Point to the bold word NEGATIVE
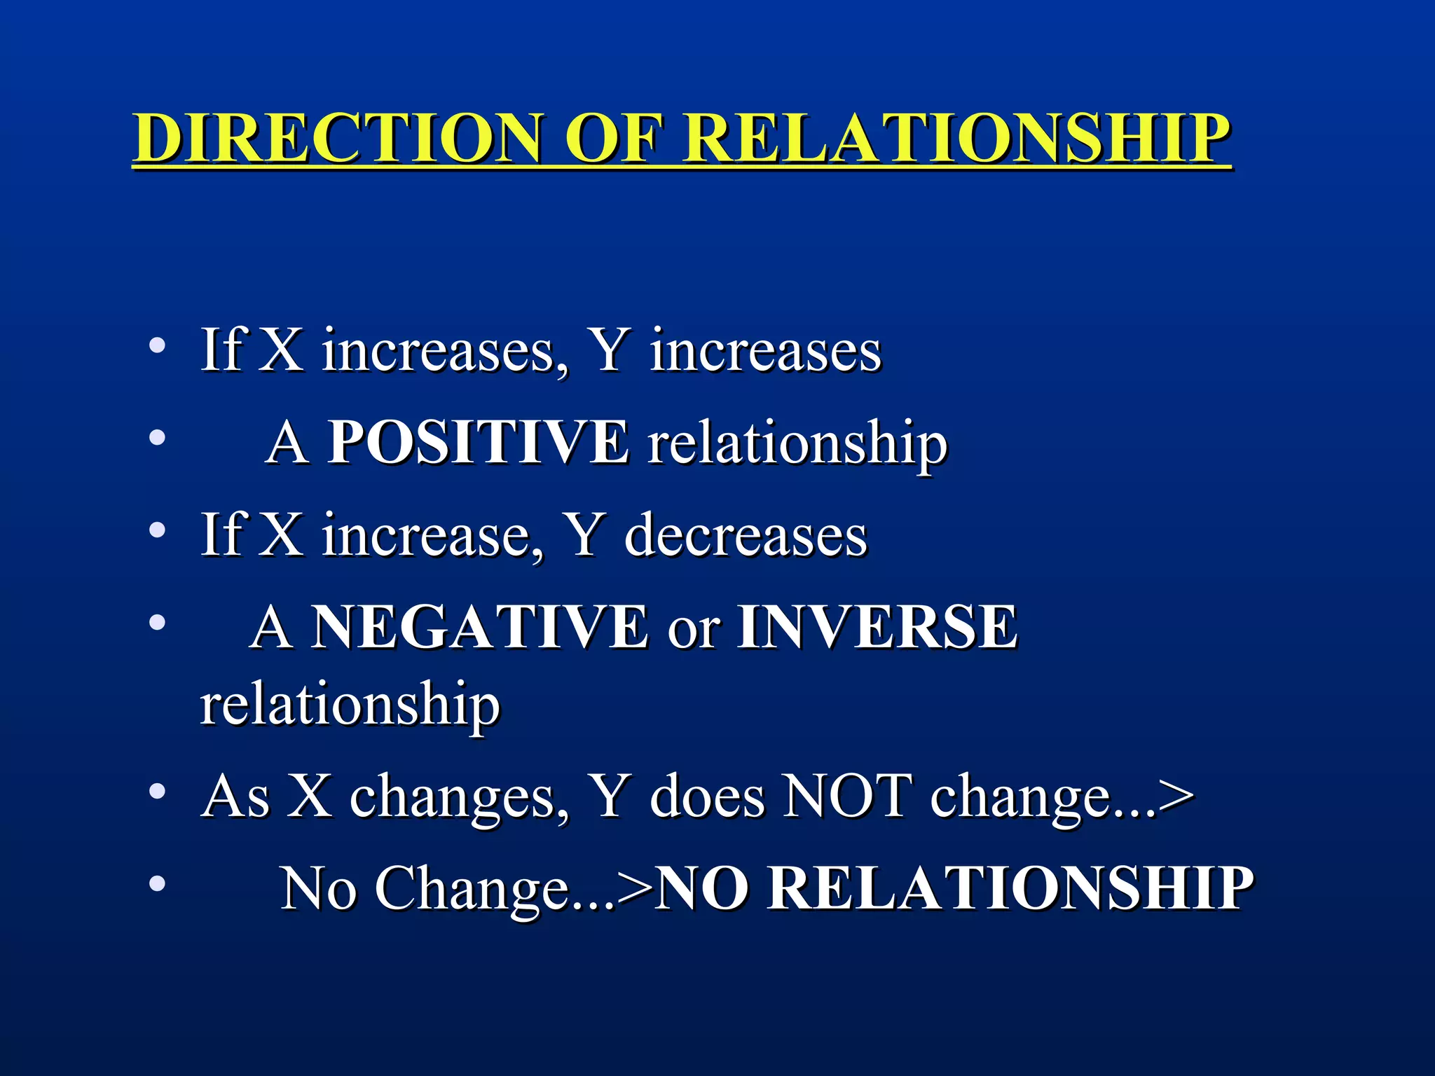pos(479,626)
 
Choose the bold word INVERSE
pos(877,626)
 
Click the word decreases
pos(746,535)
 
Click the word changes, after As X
pos(459,797)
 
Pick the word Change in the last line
pos(472,888)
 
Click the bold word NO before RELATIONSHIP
pos(704,888)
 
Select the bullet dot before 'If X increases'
pos(158,345)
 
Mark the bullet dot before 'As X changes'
pos(158,792)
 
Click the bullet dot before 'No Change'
pos(158,883)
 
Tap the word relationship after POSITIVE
pos(797,443)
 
